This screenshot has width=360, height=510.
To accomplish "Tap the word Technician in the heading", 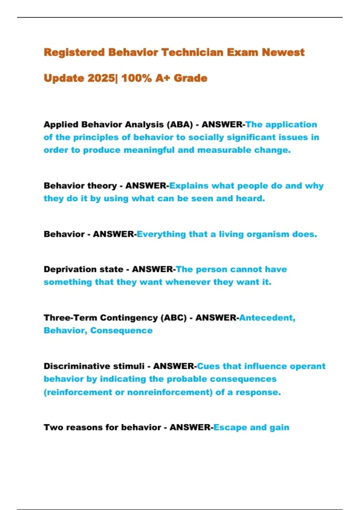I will (x=192, y=52).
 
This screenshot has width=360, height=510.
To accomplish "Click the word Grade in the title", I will (x=190, y=78).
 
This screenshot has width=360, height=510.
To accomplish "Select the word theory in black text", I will (x=102, y=186).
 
